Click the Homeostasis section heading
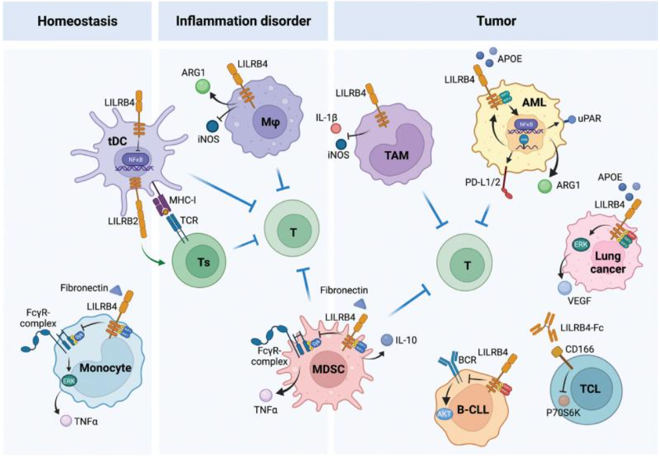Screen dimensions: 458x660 pos(78,21)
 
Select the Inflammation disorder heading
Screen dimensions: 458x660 pos(243,21)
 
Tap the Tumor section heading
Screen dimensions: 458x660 pos(496,21)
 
